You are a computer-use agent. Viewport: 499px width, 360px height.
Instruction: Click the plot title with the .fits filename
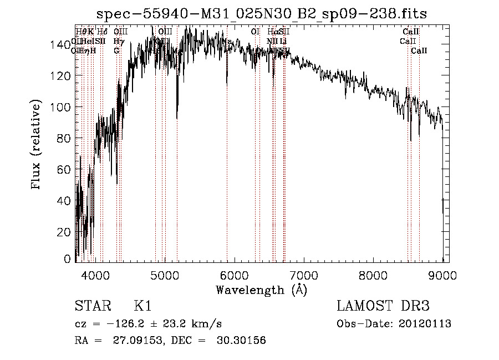262,13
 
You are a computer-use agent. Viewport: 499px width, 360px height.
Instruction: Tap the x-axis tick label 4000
95,276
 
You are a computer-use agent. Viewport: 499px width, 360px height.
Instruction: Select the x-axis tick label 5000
165,276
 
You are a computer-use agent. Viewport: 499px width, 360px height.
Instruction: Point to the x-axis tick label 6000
235,276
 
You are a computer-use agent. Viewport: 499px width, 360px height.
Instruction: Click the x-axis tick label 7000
304,276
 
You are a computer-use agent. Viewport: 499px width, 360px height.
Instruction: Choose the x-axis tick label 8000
373,276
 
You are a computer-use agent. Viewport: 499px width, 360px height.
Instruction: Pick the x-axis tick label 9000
442,276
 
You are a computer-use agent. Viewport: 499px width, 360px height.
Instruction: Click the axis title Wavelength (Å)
261,290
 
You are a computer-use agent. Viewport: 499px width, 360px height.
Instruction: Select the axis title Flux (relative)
37,145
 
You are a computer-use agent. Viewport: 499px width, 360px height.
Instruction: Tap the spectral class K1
142,306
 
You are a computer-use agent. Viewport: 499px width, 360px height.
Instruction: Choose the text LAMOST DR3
383,306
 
